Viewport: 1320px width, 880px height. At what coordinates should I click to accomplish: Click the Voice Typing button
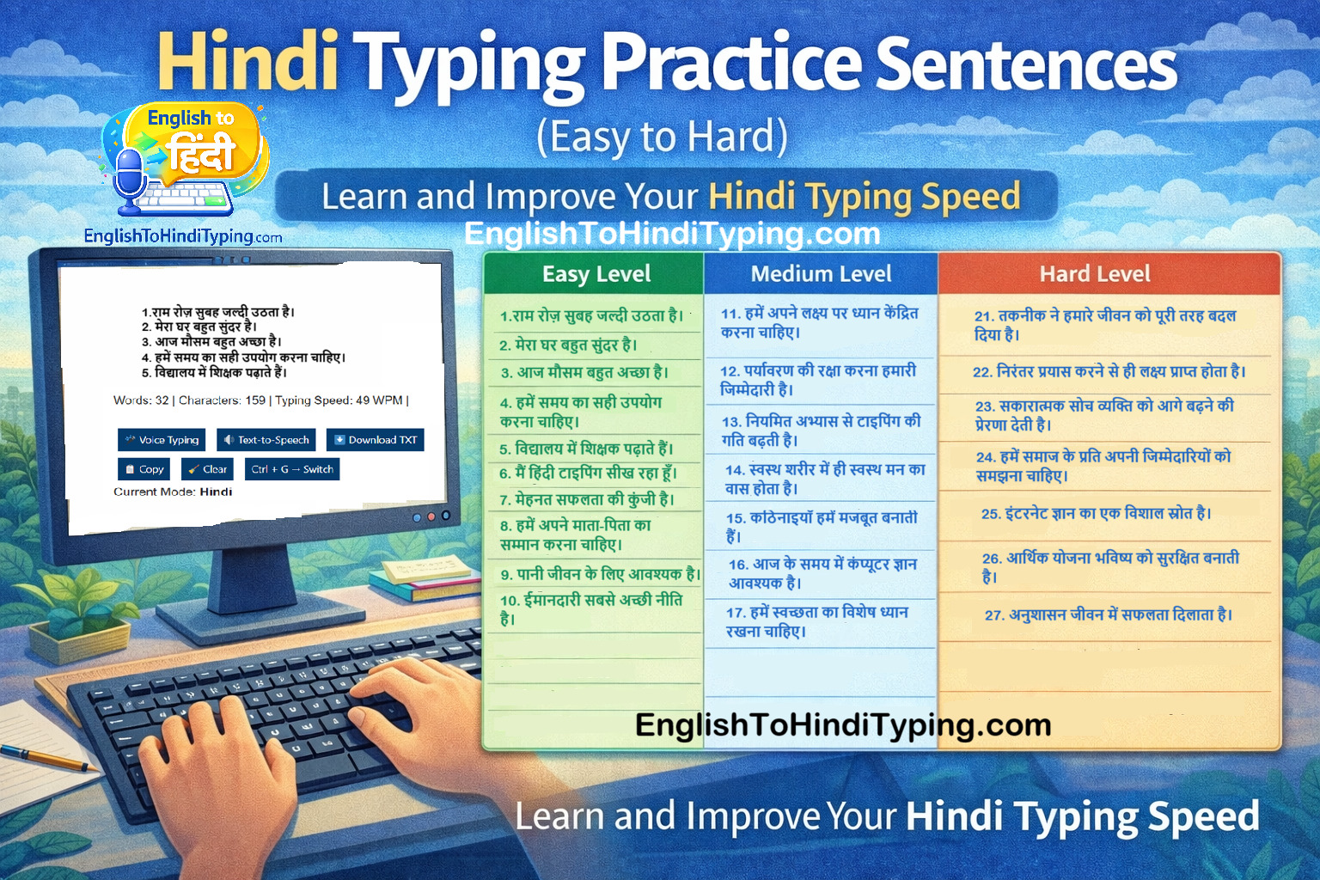pyautogui.click(x=162, y=440)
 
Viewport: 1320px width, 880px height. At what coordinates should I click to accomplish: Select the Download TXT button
pyautogui.click(x=375, y=440)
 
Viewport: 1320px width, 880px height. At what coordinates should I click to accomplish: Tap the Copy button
pyautogui.click(x=144, y=469)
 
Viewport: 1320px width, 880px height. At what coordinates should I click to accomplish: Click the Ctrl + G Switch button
pyautogui.click(x=292, y=469)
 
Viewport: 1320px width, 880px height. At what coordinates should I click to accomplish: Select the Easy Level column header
pyautogui.click(x=596, y=274)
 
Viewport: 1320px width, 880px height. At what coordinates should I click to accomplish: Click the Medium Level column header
pyautogui.click(x=821, y=274)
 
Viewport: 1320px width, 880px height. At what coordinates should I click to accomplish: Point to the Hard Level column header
pyautogui.click(x=1094, y=274)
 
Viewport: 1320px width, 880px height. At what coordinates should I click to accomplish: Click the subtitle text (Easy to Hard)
pyautogui.click(x=662, y=137)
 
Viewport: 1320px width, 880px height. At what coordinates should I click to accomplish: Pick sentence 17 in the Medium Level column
pyautogui.click(x=816, y=621)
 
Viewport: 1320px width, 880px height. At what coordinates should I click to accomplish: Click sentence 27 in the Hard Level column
pyautogui.click(x=1108, y=615)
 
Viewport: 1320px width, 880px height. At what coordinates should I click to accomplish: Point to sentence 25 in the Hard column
pyautogui.click(x=1096, y=514)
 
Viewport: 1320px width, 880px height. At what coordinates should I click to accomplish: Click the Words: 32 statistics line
pyautogui.click(x=260, y=400)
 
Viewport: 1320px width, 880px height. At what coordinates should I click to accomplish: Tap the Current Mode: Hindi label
pyautogui.click(x=173, y=492)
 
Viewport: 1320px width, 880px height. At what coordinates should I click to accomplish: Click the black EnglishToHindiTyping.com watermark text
pyautogui.click(x=843, y=725)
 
